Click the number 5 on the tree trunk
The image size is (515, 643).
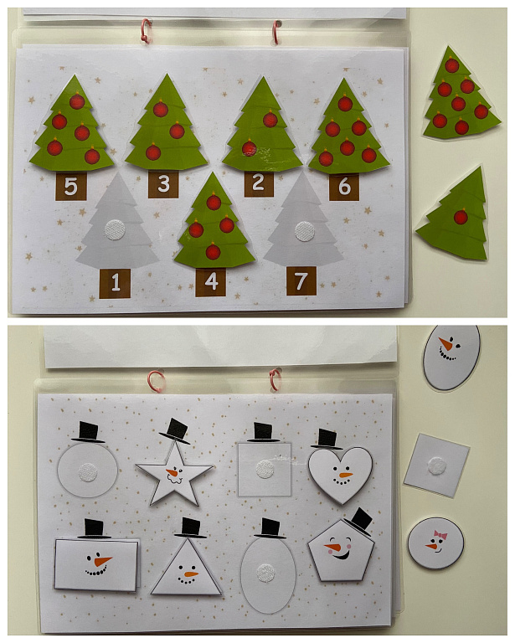(70, 187)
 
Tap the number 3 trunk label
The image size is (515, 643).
(163, 184)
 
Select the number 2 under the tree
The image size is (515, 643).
(258, 183)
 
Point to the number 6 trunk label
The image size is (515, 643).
(344, 187)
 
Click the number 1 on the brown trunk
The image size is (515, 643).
(116, 282)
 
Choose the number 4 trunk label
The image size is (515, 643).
(211, 281)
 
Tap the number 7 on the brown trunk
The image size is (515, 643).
(301, 281)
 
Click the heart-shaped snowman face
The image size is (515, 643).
(340, 475)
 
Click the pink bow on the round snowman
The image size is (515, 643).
(440, 535)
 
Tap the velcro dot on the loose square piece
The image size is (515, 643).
(438, 466)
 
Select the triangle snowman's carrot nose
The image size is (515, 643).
(190, 574)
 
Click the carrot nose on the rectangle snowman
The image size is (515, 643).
(102, 561)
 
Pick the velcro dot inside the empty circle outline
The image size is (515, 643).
(88, 472)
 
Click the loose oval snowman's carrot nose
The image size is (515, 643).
(445, 343)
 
